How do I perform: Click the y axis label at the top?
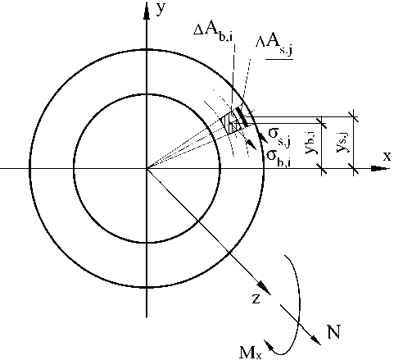pyautogui.click(x=161, y=9)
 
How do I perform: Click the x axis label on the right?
pyautogui.click(x=387, y=156)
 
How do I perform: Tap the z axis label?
pyautogui.click(x=256, y=299)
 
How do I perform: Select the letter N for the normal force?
pyautogui.click(x=334, y=331)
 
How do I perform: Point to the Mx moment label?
pyautogui.click(x=251, y=353)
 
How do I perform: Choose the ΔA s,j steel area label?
pyautogui.click(x=274, y=45)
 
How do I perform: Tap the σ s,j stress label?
pyautogui.click(x=279, y=137)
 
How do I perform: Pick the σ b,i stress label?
pyautogui.click(x=278, y=158)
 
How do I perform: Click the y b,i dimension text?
pyautogui.click(x=310, y=142)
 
